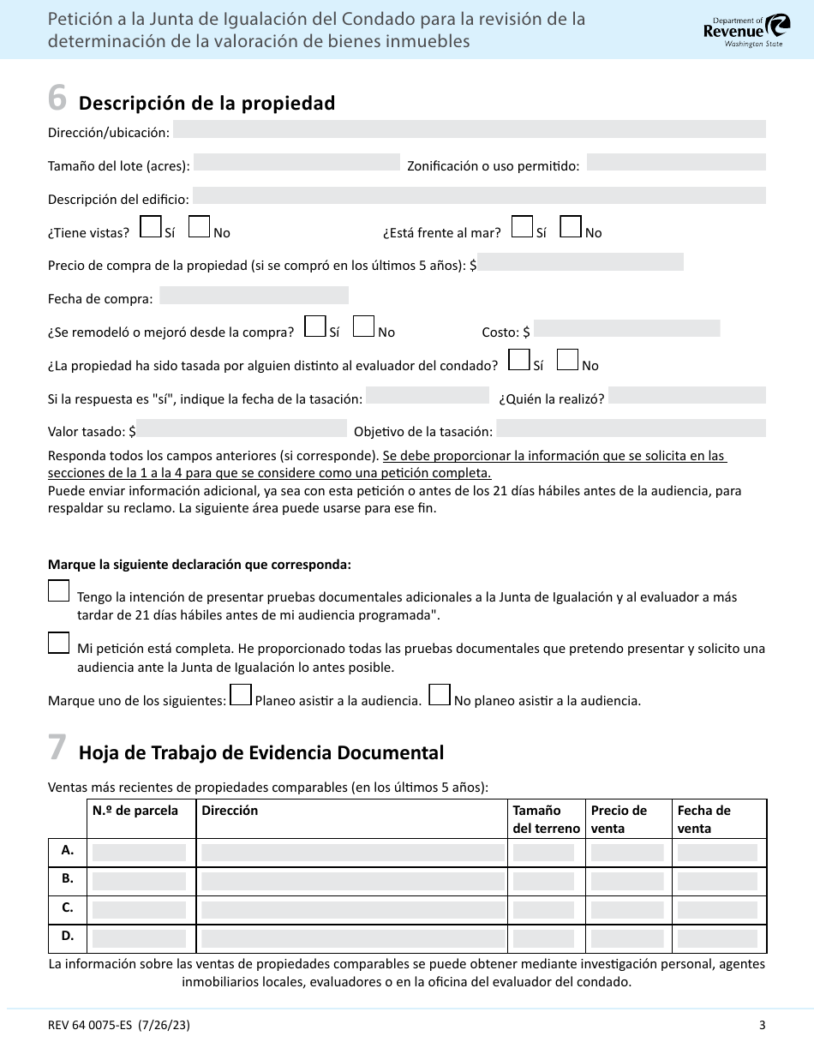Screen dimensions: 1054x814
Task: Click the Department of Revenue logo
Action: pos(735,30)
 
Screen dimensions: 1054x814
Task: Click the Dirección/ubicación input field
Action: pos(469,129)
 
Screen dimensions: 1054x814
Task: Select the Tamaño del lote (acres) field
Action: pos(296,163)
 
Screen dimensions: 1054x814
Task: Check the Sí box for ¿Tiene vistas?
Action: pos(150,226)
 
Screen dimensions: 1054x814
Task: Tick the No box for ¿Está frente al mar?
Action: pos(570,226)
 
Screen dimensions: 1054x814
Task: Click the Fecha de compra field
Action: pos(254,296)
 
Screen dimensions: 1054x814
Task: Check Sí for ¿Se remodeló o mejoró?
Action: pos(315,326)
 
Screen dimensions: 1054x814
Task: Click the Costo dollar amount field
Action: pos(626,328)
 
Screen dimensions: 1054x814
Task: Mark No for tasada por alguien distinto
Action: pos(567,360)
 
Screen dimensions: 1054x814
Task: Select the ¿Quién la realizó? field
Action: pos(686,395)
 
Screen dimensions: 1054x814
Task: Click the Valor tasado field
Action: pos(242,428)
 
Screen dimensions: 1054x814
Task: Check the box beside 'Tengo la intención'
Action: pos(59,591)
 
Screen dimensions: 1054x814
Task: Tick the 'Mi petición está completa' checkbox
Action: pos(59,644)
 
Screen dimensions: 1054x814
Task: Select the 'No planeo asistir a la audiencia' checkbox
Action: pos(440,694)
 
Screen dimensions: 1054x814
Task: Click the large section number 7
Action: pos(57,748)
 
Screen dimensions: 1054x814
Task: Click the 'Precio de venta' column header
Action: pos(619,819)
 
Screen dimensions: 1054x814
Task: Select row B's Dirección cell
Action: pos(352,881)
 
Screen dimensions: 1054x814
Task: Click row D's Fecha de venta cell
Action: pos(717,938)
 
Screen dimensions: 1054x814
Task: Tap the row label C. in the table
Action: pos(68,907)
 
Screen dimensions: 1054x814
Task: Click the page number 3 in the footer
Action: pos(762,1025)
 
